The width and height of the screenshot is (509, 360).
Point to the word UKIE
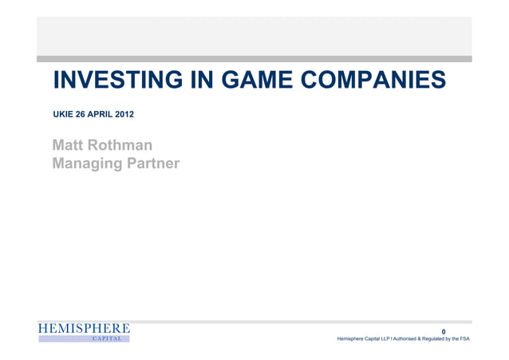coord(63,116)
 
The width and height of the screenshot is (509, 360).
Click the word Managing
coord(85,164)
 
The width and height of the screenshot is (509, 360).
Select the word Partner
coord(151,164)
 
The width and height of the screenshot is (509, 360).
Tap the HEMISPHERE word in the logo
coord(84,329)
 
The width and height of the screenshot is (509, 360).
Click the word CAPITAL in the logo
coord(107,339)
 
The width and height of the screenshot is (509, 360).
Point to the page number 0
coord(455,331)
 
